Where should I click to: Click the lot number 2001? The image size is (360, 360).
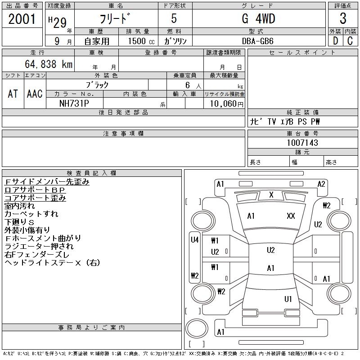point(22,19)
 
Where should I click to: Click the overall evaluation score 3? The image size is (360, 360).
point(343,19)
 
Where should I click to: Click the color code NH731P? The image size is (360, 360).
point(75,103)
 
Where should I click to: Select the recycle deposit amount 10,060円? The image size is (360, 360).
point(224,103)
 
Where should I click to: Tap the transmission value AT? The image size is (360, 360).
point(13,94)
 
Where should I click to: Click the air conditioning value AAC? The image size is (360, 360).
point(35,94)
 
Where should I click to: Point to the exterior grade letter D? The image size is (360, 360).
point(335,40)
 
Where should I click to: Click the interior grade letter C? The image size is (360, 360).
point(350,40)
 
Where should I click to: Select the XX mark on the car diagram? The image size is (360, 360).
point(291,216)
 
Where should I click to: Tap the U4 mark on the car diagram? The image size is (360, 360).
point(194,240)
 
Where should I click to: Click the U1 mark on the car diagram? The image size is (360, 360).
point(288,299)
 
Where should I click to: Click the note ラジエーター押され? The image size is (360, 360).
point(39,247)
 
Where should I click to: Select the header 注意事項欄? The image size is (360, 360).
point(123,134)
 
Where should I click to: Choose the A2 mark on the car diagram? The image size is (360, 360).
point(321,184)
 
